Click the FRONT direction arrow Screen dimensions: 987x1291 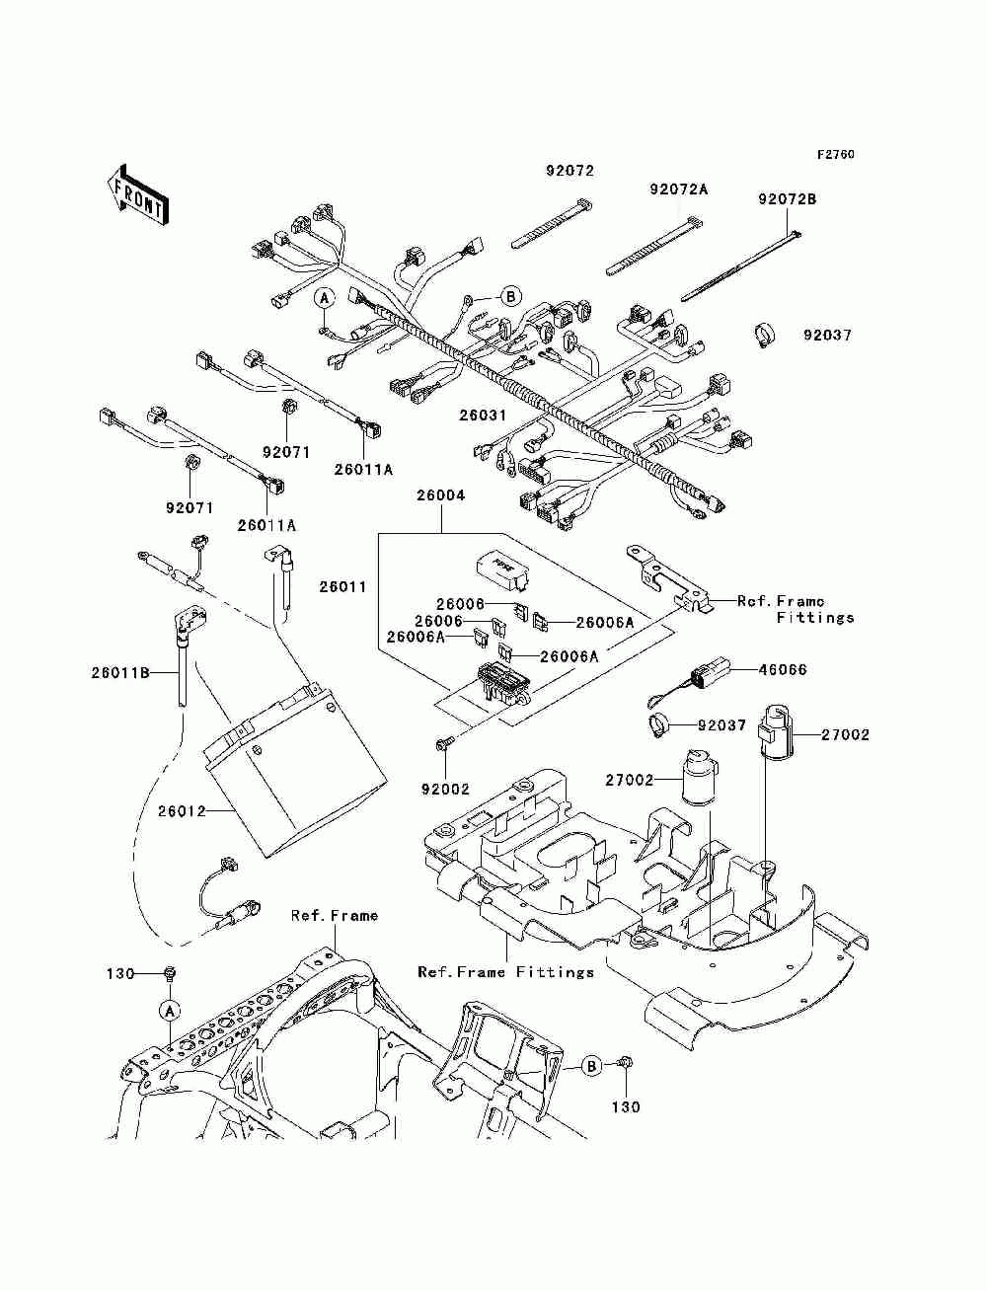click(x=137, y=193)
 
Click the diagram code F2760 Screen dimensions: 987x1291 click(x=835, y=155)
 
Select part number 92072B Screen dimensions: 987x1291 click(x=787, y=198)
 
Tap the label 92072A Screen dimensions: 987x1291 click(x=679, y=190)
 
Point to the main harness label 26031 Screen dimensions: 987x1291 click(x=483, y=416)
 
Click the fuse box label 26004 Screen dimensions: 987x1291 click(x=440, y=495)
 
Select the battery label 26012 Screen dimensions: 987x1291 click(x=182, y=811)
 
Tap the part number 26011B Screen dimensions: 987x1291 click(x=120, y=672)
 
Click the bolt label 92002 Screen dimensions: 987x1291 click(x=445, y=789)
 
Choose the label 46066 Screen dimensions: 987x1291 click(x=783, y=669)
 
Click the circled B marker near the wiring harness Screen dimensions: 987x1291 click(x=510, y=296)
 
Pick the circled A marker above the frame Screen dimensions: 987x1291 click(x=170, y=1011)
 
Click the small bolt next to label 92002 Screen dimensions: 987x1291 click(x=439, y=745)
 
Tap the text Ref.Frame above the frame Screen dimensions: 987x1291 click(x=335, y=916)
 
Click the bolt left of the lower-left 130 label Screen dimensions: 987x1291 click(x=170, y=973)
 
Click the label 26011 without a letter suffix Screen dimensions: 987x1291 click(x=342, y=586)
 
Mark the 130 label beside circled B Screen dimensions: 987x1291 click(x=625, y=1106)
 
